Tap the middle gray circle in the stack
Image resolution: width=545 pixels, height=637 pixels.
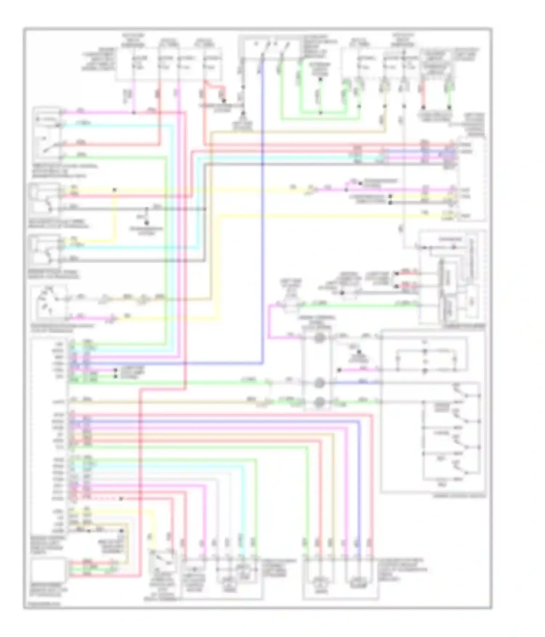pyautogui.click(x=319, y=383)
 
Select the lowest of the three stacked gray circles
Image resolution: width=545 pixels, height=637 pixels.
pyautogui.click(x=319, y=402)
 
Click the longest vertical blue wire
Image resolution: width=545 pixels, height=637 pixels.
pyautogui.click(x=262, y=218)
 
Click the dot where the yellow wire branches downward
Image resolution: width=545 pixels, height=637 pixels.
pyautogui.click(x=114, y=190)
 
